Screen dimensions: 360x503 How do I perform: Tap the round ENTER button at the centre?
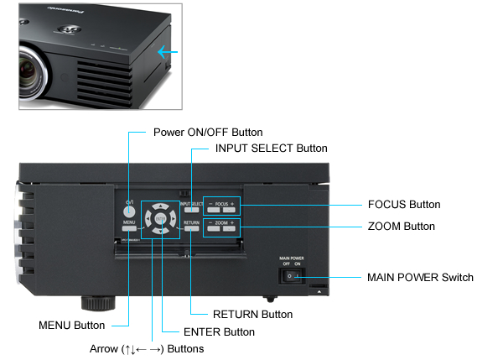point(159,221)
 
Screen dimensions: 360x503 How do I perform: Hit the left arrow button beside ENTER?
point(146,222)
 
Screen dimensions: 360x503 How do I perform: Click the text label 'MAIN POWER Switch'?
point(420,277)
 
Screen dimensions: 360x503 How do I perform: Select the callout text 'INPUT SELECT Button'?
point(272,148)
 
